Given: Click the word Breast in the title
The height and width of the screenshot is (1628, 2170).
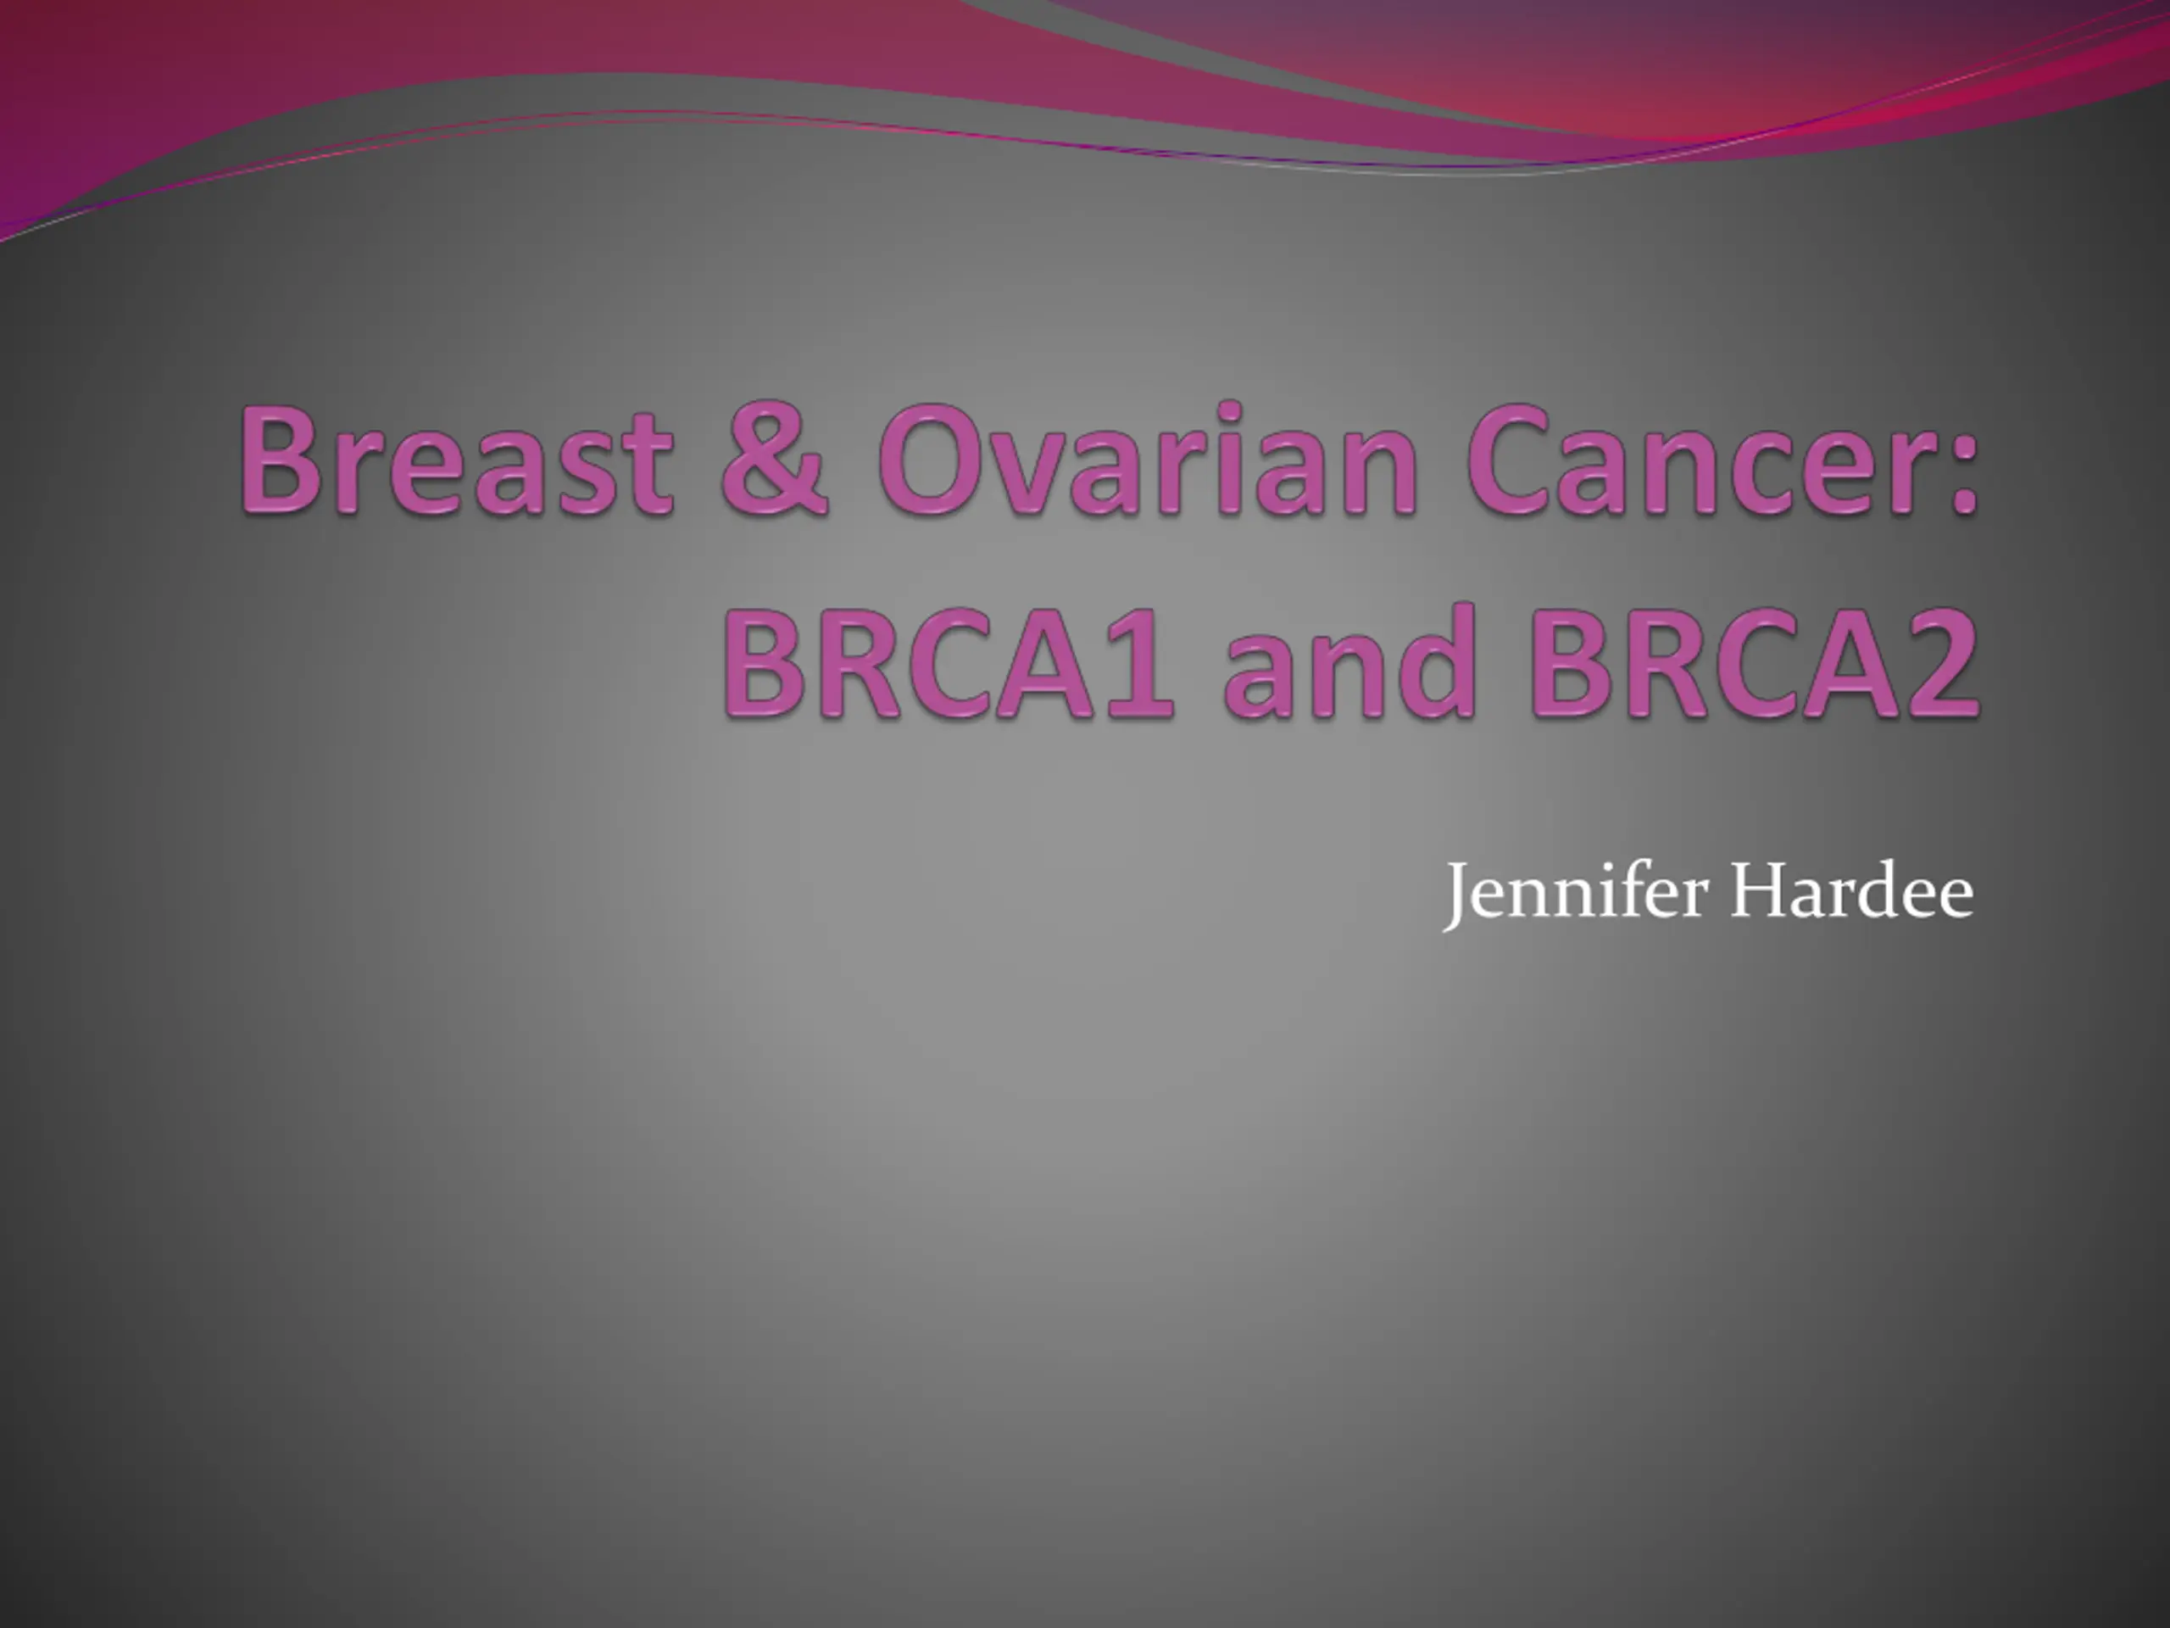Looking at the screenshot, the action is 457,460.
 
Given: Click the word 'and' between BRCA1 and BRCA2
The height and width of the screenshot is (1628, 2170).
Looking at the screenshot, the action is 1349,661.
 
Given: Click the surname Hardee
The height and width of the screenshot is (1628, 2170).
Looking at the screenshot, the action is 1852,891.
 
